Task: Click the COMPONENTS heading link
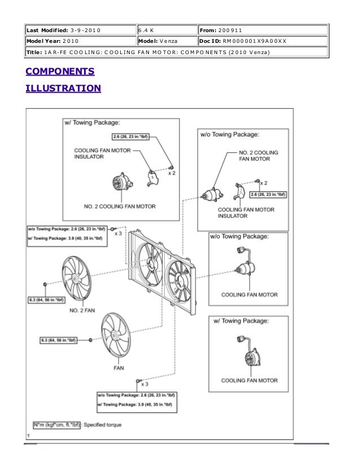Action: (x=60, y=71)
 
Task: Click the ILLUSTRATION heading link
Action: (x=63, y=88)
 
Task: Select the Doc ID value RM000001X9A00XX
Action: (x=254, y=41)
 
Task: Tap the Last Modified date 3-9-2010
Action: (x=86, y=30)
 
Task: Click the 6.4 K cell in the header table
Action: (x=146, y=30)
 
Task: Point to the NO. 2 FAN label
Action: (x=82, y=310)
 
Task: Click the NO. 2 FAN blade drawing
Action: (x=76, y=279)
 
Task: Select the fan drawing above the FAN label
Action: (x=116, y=335)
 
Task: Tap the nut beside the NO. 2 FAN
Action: (x=45, y=284)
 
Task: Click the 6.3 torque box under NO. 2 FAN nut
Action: (x=46, y=300)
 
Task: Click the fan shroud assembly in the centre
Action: (x=162, y=272)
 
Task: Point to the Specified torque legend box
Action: (x=56, y=425)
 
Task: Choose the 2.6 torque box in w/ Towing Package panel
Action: (x=130, y=137)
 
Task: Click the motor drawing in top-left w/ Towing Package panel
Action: (x=122, y=182)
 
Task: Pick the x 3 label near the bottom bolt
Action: (x=145, y=384)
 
